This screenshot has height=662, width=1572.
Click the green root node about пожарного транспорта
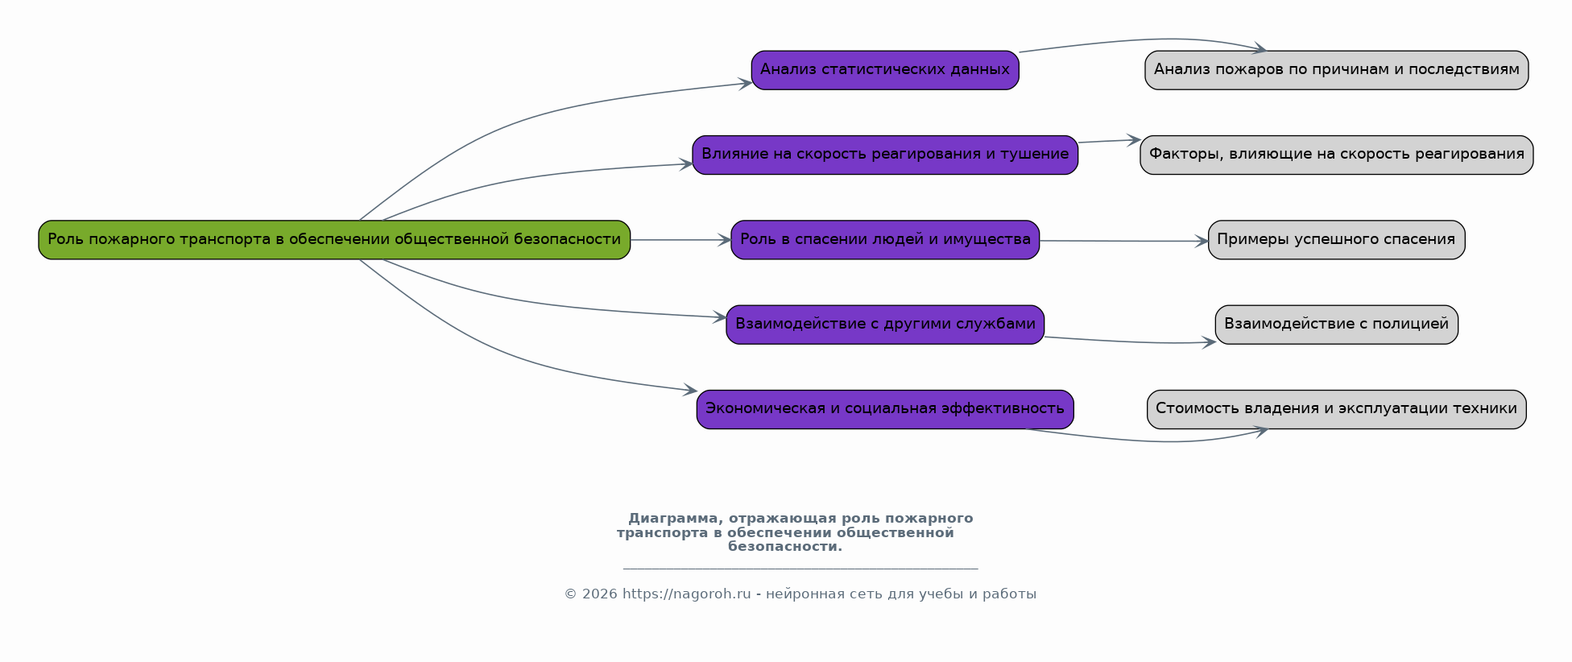click(x=334, y=240)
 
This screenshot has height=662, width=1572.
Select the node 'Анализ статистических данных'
click(x=885, y=70)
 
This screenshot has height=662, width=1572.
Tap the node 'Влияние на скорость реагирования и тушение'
click(x=885, y=155)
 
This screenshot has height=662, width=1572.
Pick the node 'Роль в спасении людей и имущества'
click(x=885, y=240)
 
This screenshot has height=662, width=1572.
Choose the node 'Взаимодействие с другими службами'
click(x=885, y=325)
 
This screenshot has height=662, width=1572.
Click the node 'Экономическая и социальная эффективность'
click(x=885, y=409)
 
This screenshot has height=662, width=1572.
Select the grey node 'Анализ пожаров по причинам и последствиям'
click(x=1336, y=70)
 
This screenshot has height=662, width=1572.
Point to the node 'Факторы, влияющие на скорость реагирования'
click(x=1336, y=155)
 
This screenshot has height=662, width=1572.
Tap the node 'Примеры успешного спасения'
click(x=1336, y=240)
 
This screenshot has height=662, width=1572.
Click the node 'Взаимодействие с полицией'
click(x=1336, y=325)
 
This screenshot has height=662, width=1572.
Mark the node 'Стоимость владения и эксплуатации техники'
click(x=1336, y=409)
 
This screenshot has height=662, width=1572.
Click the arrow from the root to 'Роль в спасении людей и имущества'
click(x=681, y=240)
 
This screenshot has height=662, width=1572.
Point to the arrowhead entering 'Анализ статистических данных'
click(x=746, y=83)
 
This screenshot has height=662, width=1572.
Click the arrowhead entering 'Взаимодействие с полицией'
click(x=1210, y=342)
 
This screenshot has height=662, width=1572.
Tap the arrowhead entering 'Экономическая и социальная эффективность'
click(x=690, y=391)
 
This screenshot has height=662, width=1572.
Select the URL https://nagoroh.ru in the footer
click(x=686, y=594)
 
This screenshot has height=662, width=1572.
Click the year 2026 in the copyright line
click(x=599, y=594)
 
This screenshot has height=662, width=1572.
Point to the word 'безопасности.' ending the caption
click(x=785, y=547)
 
